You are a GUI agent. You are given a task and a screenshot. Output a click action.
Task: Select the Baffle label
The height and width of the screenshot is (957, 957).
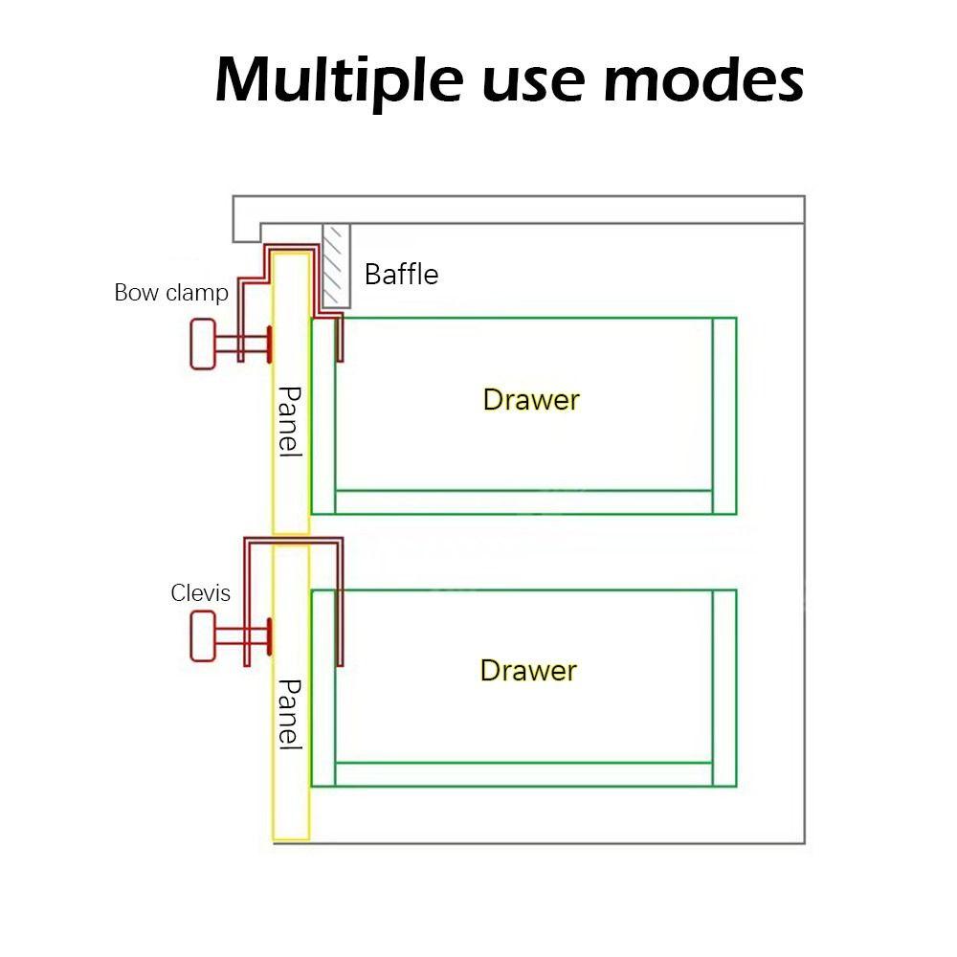pos(401,275)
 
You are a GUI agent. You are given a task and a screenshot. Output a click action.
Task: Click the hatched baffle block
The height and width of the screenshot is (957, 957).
pos(336,266)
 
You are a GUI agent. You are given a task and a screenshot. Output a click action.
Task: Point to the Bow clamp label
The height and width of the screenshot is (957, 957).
pos(171,292)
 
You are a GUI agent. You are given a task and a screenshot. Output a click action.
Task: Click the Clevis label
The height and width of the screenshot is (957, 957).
pos(201,593)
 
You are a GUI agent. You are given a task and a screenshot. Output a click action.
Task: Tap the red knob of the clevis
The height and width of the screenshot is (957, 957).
pos(203,636)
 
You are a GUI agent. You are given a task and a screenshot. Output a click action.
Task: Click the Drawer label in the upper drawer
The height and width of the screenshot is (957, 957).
pos(531,399)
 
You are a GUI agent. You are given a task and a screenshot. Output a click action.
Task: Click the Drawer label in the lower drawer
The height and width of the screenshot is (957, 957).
pos(528,670)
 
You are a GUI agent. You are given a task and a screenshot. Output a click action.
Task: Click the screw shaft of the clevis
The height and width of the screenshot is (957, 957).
pos(239,635)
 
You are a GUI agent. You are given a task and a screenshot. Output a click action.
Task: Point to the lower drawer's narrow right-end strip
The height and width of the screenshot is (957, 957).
pos(724,687)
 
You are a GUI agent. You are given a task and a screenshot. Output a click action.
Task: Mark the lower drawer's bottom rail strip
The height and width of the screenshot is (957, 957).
pos(523,774)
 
